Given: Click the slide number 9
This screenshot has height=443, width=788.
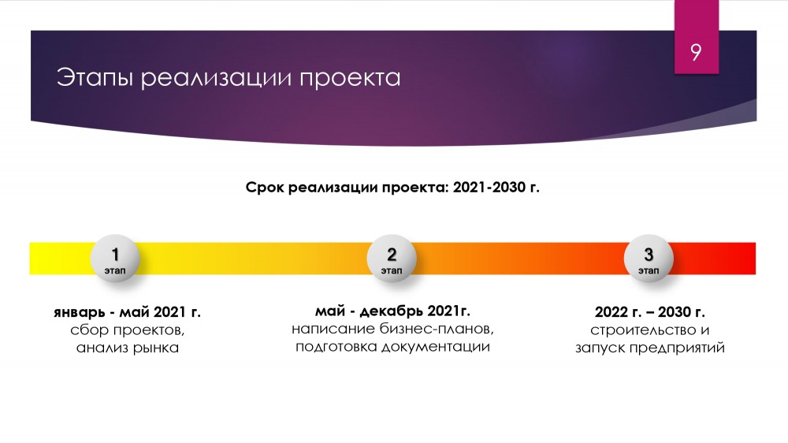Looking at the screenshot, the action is coord(696,52).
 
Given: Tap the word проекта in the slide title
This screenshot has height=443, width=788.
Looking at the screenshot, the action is coord(350,79).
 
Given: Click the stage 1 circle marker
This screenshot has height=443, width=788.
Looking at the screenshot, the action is coord(115,259).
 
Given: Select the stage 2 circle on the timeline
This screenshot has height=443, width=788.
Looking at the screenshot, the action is coord(392,259).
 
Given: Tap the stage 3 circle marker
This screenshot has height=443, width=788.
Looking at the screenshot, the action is coord(649,259).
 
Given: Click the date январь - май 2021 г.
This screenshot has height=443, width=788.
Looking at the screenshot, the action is coord(127,312).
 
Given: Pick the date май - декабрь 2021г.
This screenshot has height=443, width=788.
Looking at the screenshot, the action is coord(392,311).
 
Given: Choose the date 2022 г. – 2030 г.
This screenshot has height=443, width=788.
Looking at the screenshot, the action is coord(650,312).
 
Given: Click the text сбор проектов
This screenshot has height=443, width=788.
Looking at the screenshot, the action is coord(127,330).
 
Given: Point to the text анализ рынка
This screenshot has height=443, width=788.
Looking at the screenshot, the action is coord(128,348).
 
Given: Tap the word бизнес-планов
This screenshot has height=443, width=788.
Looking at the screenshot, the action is coord(437,329).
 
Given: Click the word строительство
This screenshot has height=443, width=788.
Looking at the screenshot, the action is coord(643,330).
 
